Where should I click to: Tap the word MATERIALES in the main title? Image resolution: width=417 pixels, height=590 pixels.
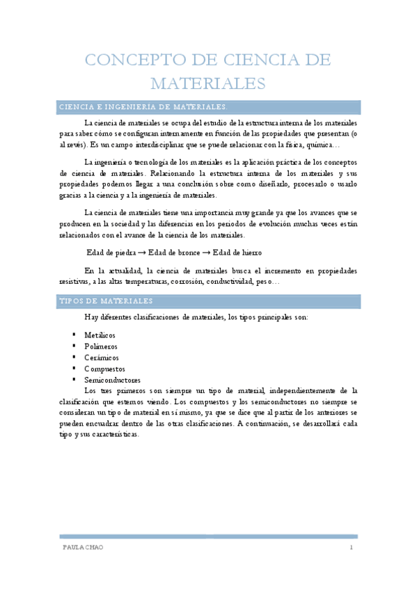[208, 83]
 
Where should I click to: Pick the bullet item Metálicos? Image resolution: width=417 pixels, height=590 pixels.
[100, 335]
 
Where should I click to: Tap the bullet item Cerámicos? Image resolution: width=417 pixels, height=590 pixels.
[102, 358]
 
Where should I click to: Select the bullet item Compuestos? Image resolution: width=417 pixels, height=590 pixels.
[104, 369]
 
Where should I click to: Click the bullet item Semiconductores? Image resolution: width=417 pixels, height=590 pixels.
[112, 381]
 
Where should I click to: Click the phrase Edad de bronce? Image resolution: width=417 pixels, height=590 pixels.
[174, 253]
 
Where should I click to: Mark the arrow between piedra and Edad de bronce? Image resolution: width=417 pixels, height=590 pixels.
[141, 253]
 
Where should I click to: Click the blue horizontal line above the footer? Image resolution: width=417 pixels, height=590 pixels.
[208, 536]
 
